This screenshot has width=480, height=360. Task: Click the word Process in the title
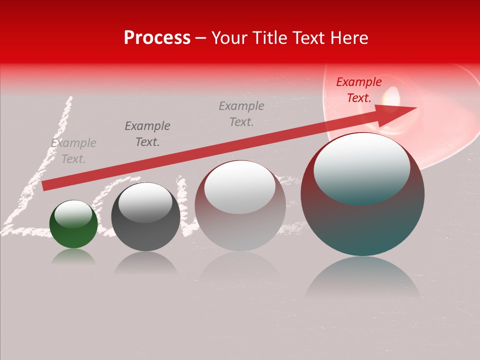157,38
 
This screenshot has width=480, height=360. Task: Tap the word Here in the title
348,38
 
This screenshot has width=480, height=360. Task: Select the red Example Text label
359,90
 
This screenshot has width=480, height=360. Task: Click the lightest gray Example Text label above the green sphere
73,151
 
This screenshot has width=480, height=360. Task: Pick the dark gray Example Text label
147,134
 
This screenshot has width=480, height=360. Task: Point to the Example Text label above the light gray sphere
241,113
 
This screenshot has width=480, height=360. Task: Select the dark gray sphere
145,230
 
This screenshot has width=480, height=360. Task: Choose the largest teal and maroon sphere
362,220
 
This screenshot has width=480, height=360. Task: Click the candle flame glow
391,96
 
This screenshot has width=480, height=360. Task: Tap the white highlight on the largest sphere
361,167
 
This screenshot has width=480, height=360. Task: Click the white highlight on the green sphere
73,214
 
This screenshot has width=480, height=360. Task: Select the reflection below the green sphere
73,257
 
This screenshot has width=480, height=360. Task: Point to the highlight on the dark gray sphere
145,201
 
